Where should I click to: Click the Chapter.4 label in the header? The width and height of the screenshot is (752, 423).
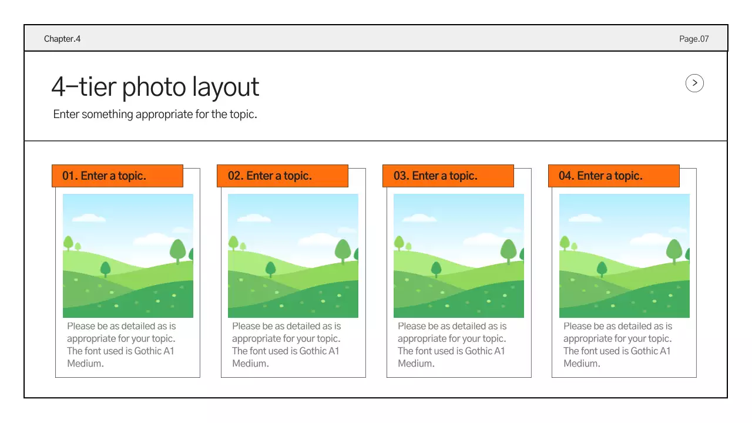click(62, 39)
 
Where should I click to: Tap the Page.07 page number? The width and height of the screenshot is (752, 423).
click(694, 39)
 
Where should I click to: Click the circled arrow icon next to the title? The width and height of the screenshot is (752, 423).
click(694, 83)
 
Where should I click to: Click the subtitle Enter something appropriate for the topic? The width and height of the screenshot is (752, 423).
click(155, 115)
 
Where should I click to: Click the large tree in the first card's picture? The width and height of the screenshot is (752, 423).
click(178, 250)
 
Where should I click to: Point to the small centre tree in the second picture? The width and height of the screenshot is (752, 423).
click(271, 268)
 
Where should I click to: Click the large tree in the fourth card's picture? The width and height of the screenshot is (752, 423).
click(674, 250)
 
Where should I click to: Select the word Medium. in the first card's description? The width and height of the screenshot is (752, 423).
click(85, 364)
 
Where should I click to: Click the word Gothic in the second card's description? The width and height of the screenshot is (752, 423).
click(313, 351)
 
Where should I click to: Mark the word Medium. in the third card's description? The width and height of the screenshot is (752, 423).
click(416, 364)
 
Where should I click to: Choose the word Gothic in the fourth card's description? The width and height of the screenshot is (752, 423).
click(644, 351)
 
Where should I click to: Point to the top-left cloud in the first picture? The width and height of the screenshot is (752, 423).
click(89, 218)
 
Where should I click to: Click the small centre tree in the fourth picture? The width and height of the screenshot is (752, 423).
click(602, 268)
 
